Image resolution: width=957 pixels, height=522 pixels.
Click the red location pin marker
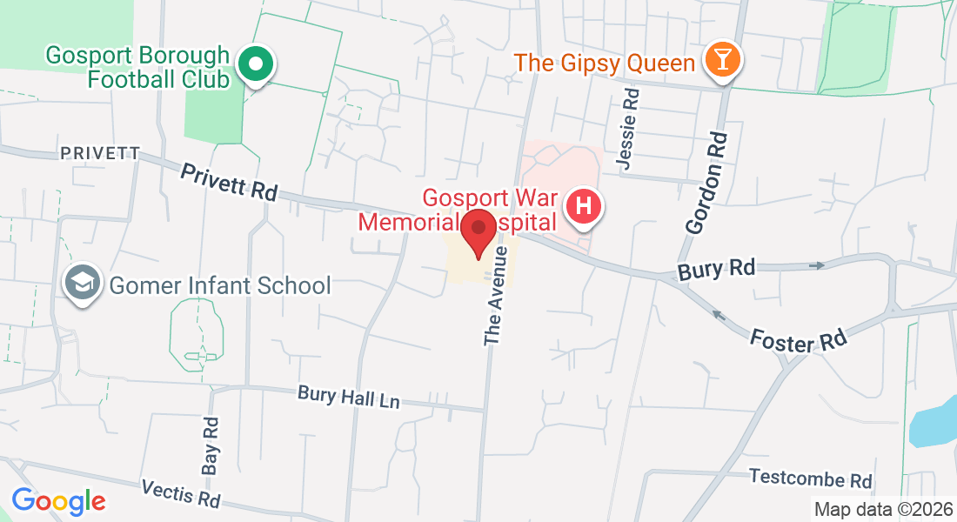(478, 231)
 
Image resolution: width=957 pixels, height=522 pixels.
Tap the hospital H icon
(584, 208)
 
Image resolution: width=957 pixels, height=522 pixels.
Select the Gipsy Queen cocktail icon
(722, 61)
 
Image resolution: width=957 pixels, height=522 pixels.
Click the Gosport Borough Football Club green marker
(256, 64)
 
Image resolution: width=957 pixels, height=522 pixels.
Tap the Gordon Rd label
(706, 183)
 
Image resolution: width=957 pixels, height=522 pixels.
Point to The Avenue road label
(497, 295)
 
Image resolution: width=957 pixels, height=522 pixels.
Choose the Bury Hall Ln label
(348, 397)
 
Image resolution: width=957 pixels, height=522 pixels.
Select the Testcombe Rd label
(810, 478)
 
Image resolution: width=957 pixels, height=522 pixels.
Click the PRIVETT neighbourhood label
(100, 153)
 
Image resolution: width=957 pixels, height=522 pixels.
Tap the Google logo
(58, 501)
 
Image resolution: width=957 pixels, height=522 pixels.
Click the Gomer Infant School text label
(219, 284)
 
